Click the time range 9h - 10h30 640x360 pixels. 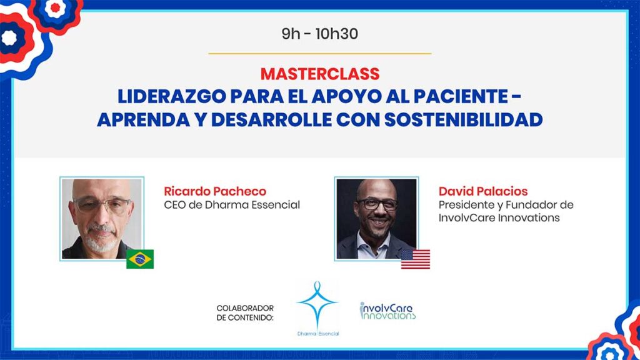coord(319,34)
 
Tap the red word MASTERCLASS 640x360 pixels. coord(320,74)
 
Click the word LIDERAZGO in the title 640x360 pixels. coord(171,96)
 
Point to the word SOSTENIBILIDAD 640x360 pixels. coord(463,119)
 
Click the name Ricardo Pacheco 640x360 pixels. coord(215,191)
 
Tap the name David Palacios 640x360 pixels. coord(483,191)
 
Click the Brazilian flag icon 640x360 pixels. coord(140,259)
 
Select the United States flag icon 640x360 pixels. coord(416,259)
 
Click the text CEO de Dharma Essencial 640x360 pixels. coord(232,204)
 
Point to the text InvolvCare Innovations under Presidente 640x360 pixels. coord(499,217)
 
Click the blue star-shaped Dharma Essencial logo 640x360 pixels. coord(317,304)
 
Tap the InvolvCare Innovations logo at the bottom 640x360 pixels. coord(387,311)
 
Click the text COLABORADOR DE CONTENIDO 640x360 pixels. coord(245,312)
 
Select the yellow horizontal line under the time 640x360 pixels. coord(319,54)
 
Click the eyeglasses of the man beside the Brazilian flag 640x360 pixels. coord(102,204)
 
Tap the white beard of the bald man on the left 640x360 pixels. coord(101,239)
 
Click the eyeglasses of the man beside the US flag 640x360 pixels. coord(377,204)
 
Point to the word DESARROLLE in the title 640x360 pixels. coord(270,119)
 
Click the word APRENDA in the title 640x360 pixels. coord(144,119)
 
